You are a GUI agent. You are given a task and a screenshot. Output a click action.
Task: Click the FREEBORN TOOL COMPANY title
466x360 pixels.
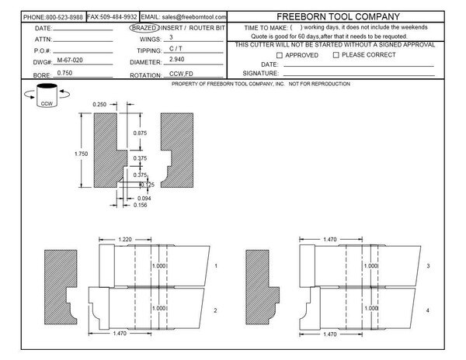tap(339, 16)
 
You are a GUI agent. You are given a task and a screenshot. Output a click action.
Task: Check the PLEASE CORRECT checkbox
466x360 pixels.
tap(336, 55)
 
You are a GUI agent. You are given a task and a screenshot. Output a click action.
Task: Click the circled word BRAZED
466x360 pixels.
tap(144, 27)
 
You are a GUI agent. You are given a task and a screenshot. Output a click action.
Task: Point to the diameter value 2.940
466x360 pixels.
tap(178, 60)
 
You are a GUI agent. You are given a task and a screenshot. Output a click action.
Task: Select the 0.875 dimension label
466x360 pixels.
tap(140, 133)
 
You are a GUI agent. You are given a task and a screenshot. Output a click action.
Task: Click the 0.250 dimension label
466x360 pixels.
tap(99, 102)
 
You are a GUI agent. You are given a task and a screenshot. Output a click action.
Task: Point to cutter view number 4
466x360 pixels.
tap(427, 310)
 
